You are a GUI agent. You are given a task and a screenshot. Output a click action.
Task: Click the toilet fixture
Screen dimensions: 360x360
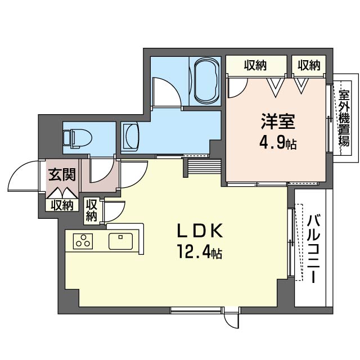78,138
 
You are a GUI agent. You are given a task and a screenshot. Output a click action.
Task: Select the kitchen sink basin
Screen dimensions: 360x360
121,241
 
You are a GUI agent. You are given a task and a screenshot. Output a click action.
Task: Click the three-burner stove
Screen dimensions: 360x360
83,241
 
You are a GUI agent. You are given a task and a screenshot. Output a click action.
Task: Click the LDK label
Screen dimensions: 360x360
200,231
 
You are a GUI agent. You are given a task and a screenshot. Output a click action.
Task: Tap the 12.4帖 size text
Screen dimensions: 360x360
199,252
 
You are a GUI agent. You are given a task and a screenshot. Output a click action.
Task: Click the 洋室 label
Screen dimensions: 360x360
277,121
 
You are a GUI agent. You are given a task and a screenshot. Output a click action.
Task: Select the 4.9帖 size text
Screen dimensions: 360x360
278,142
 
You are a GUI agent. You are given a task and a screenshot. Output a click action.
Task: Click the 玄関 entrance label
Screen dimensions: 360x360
62,174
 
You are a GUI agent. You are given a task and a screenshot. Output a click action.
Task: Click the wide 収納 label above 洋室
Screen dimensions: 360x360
255,65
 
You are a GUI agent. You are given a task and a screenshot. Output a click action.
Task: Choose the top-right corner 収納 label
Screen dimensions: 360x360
309,65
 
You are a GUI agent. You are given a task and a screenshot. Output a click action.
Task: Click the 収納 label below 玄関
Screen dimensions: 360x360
62,205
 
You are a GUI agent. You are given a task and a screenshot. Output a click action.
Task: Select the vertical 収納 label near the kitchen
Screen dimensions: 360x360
91,210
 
